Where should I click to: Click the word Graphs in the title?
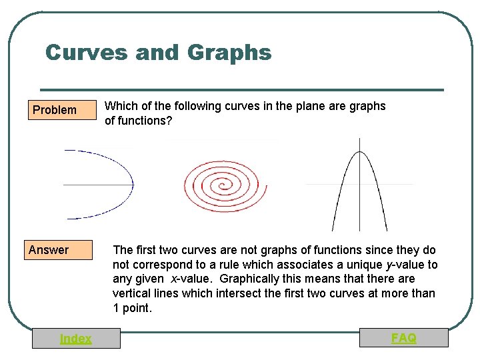[230, 52]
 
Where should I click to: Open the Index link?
[76, 339]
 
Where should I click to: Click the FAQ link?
[404, 339]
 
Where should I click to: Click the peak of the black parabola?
[359, 152]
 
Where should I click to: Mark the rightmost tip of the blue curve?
[133, 184]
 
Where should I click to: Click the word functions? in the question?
[145, 121]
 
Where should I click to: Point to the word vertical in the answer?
[131, 293]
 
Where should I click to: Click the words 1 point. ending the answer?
[133, 308]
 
